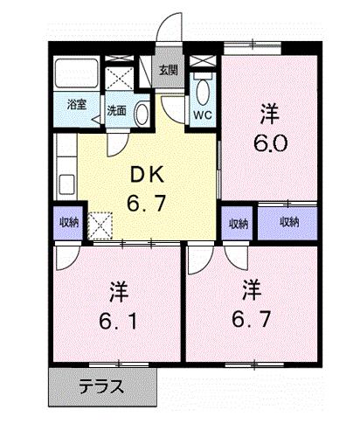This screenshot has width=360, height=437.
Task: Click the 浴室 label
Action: [77, 106]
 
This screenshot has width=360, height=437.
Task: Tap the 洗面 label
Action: [117, 111]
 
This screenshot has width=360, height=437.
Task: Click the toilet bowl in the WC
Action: [203, 89]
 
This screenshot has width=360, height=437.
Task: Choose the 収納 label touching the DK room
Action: [69, 222]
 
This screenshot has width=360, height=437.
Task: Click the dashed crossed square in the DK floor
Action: [100, 226]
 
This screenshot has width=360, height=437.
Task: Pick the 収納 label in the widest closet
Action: [289, 222]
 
